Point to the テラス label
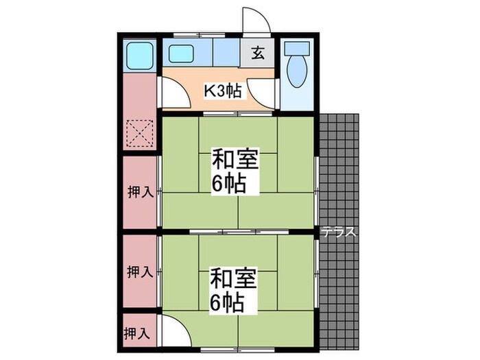[x=340, y=232]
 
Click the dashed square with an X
[x=141, y=132]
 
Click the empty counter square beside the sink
[x=226, y=52]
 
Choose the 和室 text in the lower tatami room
[x=234, y=279]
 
